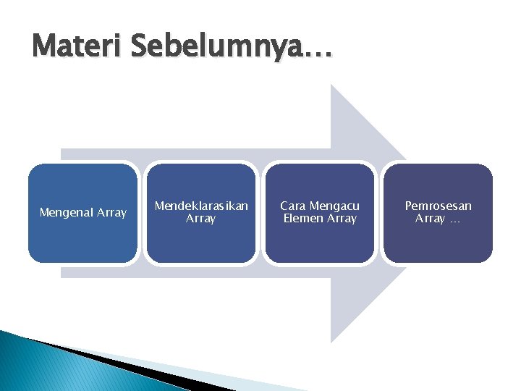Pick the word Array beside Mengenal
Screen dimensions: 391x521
coord(112,213)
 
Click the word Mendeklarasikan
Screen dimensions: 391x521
coord(201,206)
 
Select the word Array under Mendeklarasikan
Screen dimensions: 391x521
coord(201,219)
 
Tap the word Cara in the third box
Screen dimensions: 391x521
coord(293,206)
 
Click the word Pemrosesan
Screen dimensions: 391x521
coord(438,206)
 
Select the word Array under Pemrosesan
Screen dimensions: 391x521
coord(430,219)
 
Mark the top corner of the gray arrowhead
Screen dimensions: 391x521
coord(331,85)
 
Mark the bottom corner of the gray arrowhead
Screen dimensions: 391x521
coord(331,341)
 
